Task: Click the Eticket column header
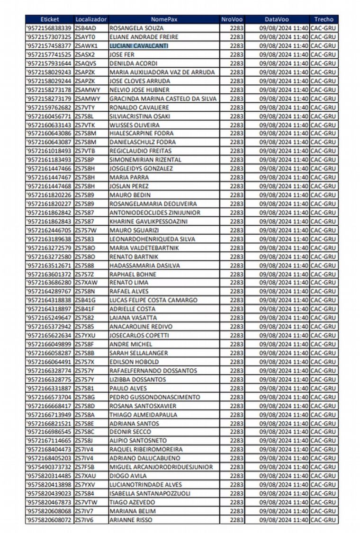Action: [50, 19]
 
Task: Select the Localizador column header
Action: [91, 19]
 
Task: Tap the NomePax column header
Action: [164, 19]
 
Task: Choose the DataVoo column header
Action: [277, 19]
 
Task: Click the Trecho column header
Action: [324, 19]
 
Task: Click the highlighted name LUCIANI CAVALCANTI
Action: [138, 46]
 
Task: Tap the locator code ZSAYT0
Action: [85, 37]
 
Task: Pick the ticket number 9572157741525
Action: [49, 54]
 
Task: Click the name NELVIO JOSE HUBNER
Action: [139, 89]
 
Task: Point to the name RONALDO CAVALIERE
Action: [139, 107]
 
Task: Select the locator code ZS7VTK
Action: [85, 124]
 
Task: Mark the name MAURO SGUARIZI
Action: [135, 230]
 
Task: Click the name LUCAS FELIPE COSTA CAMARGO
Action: [153, 300]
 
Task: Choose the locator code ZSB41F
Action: [85, 309]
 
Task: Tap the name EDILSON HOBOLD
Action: [135, 362]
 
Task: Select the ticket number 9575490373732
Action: [49, 467]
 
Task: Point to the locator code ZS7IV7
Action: [85, 511]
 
